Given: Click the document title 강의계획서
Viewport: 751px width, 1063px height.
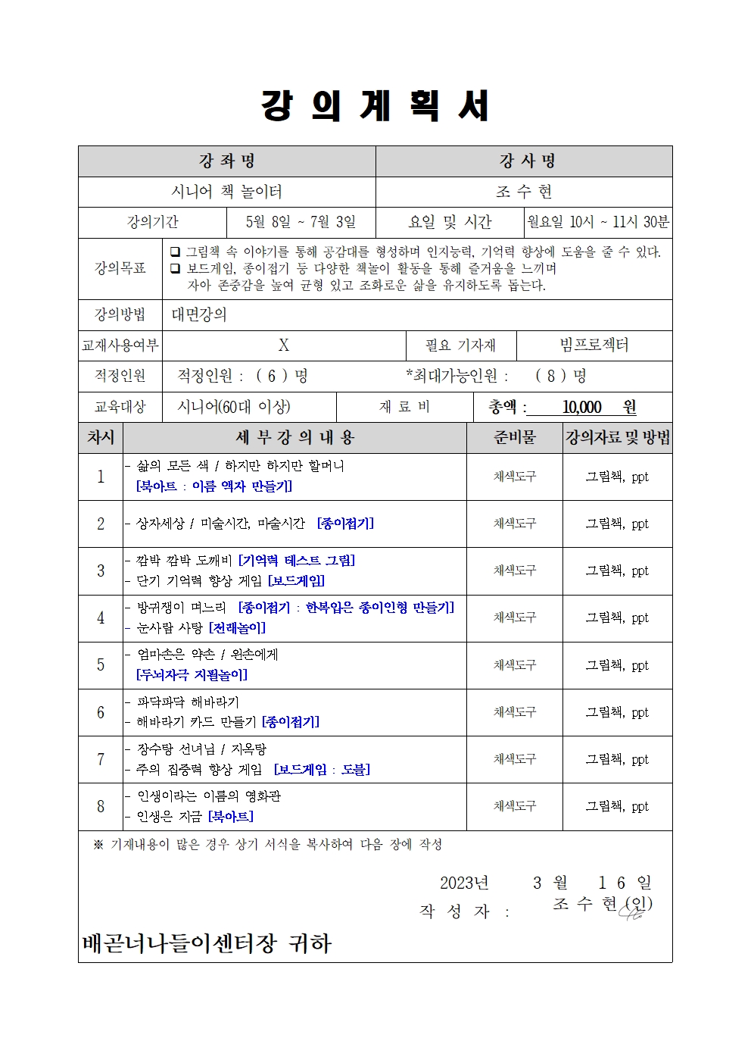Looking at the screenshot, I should coord(375,106).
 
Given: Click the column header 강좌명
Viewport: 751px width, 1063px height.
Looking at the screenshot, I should coord(227,161).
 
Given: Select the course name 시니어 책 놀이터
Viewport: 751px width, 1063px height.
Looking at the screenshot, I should coord(227,192).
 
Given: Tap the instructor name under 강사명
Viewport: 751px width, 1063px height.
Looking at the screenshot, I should coord(524,192).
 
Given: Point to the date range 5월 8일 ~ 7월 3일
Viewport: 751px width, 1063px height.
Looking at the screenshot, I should coord(301,222).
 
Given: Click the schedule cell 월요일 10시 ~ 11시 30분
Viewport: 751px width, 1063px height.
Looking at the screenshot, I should coord(598,222).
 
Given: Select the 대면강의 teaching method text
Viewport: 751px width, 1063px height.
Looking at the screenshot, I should coord(199,315).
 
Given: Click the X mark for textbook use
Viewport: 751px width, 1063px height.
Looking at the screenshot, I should coord(284,345).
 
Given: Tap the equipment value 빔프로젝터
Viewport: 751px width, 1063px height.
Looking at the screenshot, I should coord(594,345).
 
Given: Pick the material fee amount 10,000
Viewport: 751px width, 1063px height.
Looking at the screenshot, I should coord(581,408).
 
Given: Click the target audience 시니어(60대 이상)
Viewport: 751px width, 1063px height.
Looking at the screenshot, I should coord(234,407).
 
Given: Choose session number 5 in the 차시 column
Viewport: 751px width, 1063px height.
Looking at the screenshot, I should coord(101,665).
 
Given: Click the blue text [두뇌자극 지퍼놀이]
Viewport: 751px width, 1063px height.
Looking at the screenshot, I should coord(192,675).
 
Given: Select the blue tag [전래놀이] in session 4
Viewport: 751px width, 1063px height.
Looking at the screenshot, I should coord(237,628).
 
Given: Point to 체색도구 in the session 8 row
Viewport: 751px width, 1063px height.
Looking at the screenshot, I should coord(514,806).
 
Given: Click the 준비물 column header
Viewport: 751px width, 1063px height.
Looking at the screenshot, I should coord(514,437).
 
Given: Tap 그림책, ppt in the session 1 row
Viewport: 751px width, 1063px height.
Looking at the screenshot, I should coord(617,477).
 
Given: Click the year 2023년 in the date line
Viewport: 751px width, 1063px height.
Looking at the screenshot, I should coord(464,883).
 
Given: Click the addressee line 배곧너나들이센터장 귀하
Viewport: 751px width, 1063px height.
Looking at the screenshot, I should coord(207,943).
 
